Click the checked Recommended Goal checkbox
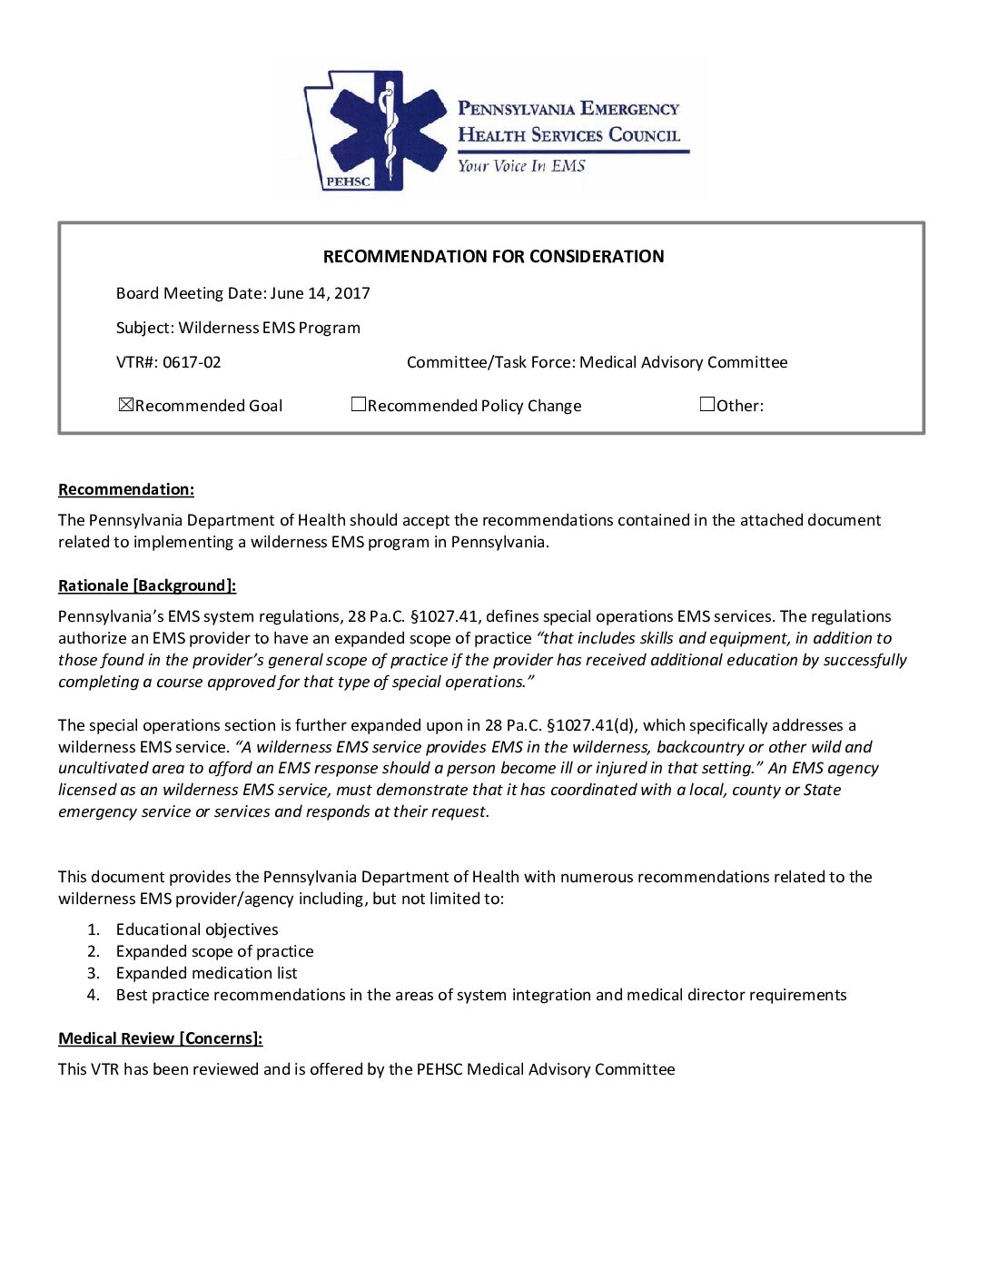pyautogui.click(x=126, y=405)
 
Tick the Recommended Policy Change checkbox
pyautogui.click(x=359, y=405)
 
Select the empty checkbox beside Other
pyautogui.click(x=707, y=405)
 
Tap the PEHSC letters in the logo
pyautogui.click(x=348, y=182)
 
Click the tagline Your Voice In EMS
pyautogui.click(x=521, y=165)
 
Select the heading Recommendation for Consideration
pyautogui.click(x=493, y=257)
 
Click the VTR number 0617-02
pyautogui.click(x=192, y=362)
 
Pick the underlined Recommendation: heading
pyautogui.click(x=126, y=490)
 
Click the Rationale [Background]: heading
pyautogui.click(x=147, y=586)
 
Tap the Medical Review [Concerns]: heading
pyautogui.click(x=161, y=1038)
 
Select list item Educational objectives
pyautogui.click(x=197, y=929)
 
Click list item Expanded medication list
pyautogui.click(x=206, y=973)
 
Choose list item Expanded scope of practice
pyautogui.click(x=214, y=951)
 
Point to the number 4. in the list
pyautogui.click(x=94, y=995)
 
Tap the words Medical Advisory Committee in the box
pyautogui.click(x=683, y=362)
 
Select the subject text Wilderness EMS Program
pyautogui.click(x=269, y=328)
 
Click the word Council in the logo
pyautogui.click(x=644, y=135)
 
